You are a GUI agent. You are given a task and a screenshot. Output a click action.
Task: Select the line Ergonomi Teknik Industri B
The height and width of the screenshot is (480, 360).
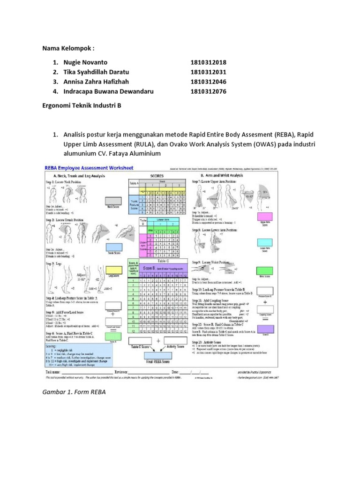[82, 106]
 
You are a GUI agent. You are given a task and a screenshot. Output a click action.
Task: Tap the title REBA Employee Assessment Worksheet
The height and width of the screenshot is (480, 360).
[89, 168]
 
